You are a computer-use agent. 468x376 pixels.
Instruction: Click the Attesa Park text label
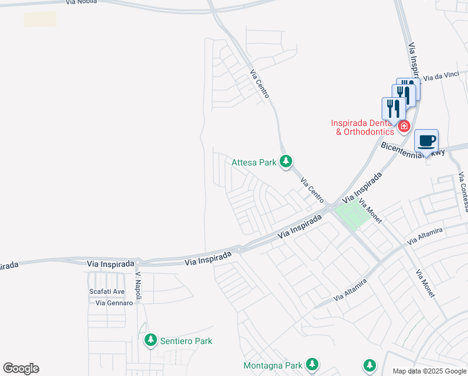tap(254, 162)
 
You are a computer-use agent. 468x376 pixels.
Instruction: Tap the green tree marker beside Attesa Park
tap(286, 162)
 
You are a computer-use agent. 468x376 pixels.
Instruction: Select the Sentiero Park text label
tap(186, 341)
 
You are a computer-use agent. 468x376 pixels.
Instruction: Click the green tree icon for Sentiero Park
tap(150, 340)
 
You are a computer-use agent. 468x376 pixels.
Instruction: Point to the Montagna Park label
tap(272, 365)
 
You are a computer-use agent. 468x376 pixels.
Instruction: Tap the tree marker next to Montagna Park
tap(312, 364)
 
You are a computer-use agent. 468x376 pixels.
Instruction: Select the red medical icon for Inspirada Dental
tap(404, 127)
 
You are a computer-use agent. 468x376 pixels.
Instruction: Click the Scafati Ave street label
tap(106, 291)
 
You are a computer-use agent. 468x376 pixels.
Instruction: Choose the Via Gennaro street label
tap(114, 303)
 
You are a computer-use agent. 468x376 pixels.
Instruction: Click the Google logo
tap(21, 368)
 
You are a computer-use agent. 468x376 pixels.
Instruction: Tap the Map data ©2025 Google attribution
tap(430, 371)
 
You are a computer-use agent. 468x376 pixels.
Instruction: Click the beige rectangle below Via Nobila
tap(40, 19)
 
